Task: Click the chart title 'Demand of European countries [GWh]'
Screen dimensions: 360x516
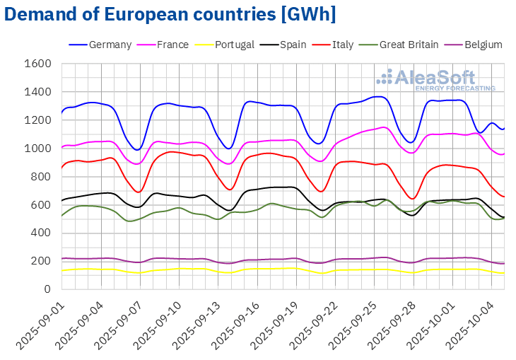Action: [170, 14]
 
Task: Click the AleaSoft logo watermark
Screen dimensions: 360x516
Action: [435, 79]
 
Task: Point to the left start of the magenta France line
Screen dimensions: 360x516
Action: [61, 148]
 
